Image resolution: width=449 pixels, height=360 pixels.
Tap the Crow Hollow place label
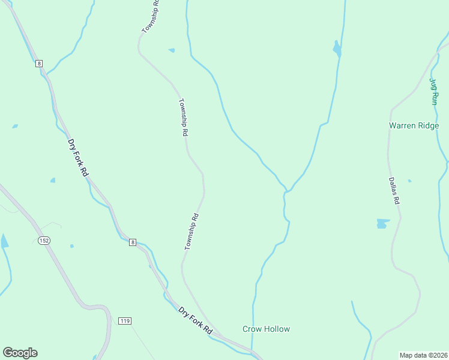coord(266,329)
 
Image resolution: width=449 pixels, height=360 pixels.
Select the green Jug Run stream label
coord(434,91)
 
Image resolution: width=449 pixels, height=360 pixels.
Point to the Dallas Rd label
coord(393,191)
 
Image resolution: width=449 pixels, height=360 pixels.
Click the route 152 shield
coord(43,240)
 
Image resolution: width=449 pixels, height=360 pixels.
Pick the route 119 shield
coord(125,320)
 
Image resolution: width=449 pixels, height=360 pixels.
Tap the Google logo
coord(20,353)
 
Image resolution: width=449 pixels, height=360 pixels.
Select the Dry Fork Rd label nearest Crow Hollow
coord(196,321)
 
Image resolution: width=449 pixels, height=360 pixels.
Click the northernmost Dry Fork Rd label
coord(78,158)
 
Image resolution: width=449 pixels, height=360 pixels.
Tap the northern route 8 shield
coord(39,63)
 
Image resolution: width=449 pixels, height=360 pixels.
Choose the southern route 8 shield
coord(133,242)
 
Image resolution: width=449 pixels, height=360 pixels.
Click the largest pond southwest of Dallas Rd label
coord(382,224)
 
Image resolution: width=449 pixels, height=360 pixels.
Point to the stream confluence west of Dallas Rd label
coord(286,191)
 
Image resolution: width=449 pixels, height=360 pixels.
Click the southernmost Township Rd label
coord(191,232)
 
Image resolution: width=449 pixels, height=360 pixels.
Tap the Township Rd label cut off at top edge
coord(150,16)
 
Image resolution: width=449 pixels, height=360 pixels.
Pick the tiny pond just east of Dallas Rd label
coord(410,181)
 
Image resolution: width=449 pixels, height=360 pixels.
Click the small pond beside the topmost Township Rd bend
coord(172,50)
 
